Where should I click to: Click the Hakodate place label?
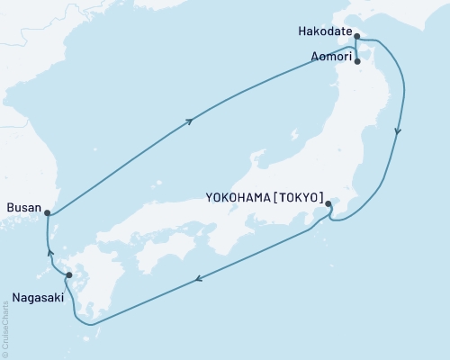tap(321, 31)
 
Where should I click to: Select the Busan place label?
tap(22, 208)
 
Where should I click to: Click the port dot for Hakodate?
tap(357, 37)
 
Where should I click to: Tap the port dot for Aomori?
tap(358, 62)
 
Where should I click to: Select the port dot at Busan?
tap(47, 213)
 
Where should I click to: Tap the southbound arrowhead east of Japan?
tap(397, 132)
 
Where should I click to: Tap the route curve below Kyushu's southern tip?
tap(90, 322)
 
